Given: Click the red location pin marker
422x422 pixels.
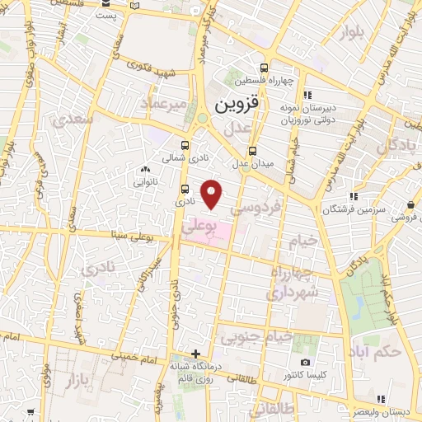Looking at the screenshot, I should click(x=213, y=195).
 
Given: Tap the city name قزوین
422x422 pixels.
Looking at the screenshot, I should click(x=237, y=106).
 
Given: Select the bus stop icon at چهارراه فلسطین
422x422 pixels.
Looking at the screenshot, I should click(x=264, y=68).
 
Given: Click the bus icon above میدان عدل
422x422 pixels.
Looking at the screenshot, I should click(x=253, y=151).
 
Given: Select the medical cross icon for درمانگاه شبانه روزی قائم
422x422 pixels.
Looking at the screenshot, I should click(x=195, y=354).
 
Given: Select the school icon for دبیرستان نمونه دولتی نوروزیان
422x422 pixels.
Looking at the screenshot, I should click(x=307, y=94).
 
